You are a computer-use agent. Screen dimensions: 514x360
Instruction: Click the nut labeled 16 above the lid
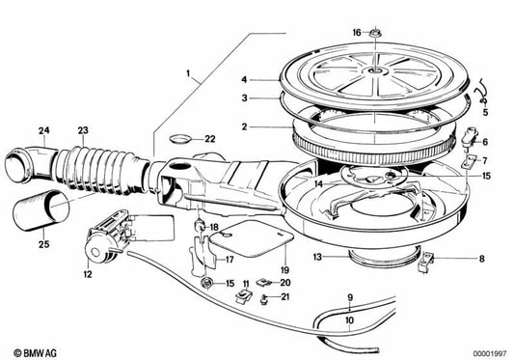374,33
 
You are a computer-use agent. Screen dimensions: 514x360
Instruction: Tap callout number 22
210,139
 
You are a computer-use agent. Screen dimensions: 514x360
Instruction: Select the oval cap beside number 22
179,139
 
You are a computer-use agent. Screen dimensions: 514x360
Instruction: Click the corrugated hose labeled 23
98,171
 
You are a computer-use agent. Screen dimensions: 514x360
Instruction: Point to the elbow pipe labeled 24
31,163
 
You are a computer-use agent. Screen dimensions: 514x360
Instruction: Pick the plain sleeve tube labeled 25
41,210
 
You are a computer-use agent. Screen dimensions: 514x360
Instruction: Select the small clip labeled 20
264,282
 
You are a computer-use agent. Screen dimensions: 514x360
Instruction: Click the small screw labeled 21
263,299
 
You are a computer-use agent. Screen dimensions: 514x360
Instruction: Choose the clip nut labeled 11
244,296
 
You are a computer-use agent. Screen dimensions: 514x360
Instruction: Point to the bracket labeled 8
426,261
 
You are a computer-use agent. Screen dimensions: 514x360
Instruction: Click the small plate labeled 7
470,161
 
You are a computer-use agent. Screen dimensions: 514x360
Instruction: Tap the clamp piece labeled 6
470,136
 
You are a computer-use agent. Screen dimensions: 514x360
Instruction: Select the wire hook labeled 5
482,94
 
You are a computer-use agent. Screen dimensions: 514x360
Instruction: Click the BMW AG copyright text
35,353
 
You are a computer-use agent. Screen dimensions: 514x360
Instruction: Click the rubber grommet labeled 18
200,225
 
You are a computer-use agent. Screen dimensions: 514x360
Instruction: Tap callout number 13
317,257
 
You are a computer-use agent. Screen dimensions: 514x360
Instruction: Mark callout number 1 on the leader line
188,73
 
